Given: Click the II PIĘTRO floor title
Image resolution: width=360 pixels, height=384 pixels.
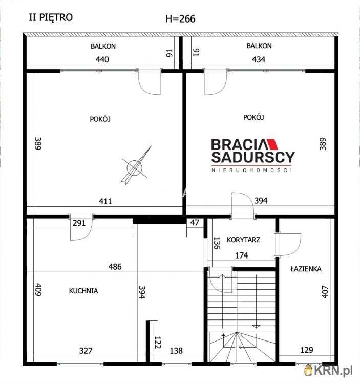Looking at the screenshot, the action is [x=51, y=17].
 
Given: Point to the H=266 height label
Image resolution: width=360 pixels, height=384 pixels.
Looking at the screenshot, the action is [x=180, y=18].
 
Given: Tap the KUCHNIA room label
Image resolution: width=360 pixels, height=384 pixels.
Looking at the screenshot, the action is [x=83, y=291].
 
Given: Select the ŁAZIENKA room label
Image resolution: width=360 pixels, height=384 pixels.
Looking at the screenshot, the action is [x=306, y=269].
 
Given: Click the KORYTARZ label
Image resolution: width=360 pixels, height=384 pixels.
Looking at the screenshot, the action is [x=243, y=240].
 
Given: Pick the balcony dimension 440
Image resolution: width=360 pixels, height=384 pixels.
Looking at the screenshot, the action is [x=102, y=59].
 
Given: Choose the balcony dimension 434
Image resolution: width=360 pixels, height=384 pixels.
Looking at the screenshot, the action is [x=259, y=59].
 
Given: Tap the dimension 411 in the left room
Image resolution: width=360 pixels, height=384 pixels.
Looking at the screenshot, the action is [x=105, y=201].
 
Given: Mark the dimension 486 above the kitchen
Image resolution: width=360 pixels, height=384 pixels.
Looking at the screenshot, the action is [x=115, y=266].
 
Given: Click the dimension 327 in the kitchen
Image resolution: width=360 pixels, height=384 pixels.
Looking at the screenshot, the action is [x=86, y=351].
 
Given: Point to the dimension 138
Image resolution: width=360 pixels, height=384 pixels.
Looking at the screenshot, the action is [x=176, y=351].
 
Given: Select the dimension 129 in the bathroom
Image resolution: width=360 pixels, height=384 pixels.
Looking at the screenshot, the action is [x=307, y=350].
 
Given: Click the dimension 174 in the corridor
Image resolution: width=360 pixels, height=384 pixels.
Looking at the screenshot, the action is [x=242, y=255].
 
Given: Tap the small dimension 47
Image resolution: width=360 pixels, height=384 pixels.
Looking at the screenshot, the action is [x=195, y=223].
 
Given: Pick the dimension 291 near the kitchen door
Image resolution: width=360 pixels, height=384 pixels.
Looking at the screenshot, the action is [x=79, y=223].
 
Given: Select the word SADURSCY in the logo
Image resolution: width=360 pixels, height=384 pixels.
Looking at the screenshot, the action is [x=253, y=157].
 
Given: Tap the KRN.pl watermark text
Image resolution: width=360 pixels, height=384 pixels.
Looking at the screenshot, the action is [x=333, y=371].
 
